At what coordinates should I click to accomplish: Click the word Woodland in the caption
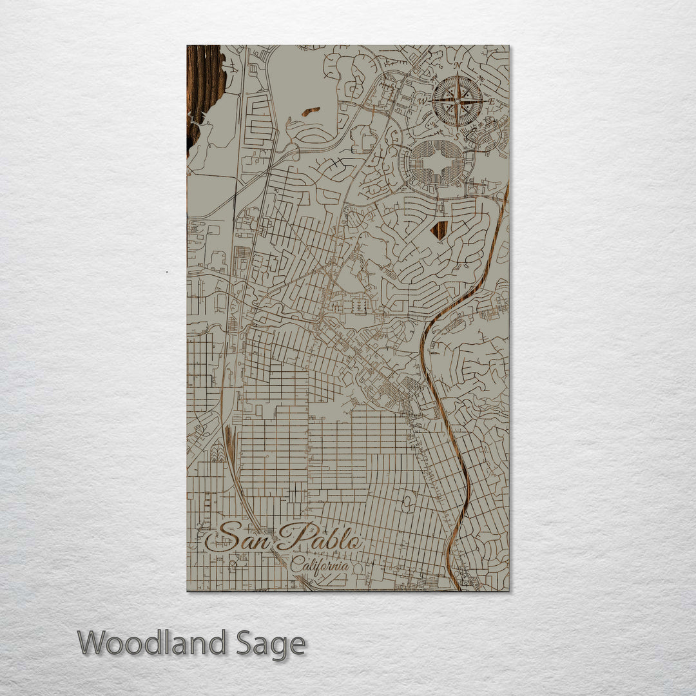tap(152, 643)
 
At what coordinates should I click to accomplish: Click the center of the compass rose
tap(457, 101)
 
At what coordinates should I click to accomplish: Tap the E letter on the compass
tap(491, 101)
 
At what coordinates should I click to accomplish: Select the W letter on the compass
tap(423, 101)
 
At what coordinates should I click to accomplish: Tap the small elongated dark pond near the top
tap(311, 111)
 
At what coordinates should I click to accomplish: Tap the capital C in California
tap(296, 566)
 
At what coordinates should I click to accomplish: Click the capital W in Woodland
tap(93, 643)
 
